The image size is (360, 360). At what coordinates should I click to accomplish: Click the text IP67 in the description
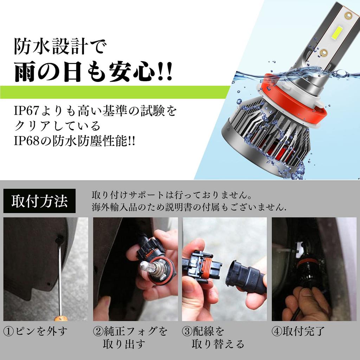26,111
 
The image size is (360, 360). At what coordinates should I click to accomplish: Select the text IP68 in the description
26,141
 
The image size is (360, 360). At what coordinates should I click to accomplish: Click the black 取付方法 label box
39,201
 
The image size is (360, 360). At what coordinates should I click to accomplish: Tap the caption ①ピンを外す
36,332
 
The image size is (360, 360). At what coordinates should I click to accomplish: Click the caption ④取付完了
298,331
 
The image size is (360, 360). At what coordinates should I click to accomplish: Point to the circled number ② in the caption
98,332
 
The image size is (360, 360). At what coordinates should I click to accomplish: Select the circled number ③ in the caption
187,332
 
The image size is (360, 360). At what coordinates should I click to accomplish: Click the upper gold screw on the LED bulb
348,15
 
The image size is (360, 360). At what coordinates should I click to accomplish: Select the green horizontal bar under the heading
115,92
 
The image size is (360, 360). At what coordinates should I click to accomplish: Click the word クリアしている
57,126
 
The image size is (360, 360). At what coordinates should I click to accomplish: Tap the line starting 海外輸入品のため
189,207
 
